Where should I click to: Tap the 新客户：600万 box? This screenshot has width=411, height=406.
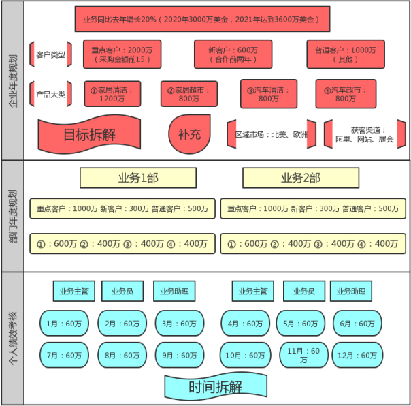pos(233,54)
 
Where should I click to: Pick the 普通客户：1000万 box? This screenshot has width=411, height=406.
pos(345,54)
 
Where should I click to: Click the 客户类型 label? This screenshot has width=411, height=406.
pos(51,54)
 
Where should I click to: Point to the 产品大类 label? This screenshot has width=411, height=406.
pos(51,94)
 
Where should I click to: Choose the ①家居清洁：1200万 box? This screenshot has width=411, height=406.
pos(113,94)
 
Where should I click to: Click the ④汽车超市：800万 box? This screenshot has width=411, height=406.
pos(345,94)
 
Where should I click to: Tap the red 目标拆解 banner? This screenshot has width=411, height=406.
pos(89,134)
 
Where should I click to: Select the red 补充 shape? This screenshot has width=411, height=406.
pos(189,134)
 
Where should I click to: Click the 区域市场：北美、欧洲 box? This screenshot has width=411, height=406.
pos(272,134)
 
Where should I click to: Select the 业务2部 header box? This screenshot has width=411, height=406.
pos(300,178)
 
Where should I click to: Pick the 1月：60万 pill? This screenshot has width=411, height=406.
pos(63,324)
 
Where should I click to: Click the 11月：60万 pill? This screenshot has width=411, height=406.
pos(303,355)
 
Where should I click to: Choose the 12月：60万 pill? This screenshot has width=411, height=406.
pos(357,355)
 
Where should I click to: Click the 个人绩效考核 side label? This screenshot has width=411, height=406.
pos(12,339)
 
